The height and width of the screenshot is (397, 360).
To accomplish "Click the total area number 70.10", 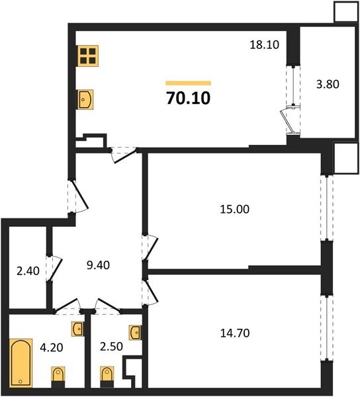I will [187, 99].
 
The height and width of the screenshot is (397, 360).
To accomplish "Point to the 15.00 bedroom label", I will [234, 210].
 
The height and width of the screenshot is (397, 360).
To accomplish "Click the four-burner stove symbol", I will [87, 56].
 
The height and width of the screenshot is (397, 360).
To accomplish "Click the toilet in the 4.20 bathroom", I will [58, 377].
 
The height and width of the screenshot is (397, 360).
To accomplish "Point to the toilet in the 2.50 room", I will [106, 377].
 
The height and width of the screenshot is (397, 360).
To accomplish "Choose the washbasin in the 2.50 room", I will [134, 331].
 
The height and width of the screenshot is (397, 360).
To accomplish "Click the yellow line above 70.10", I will [187, 83].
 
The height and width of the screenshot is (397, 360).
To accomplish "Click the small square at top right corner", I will [344, 11].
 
